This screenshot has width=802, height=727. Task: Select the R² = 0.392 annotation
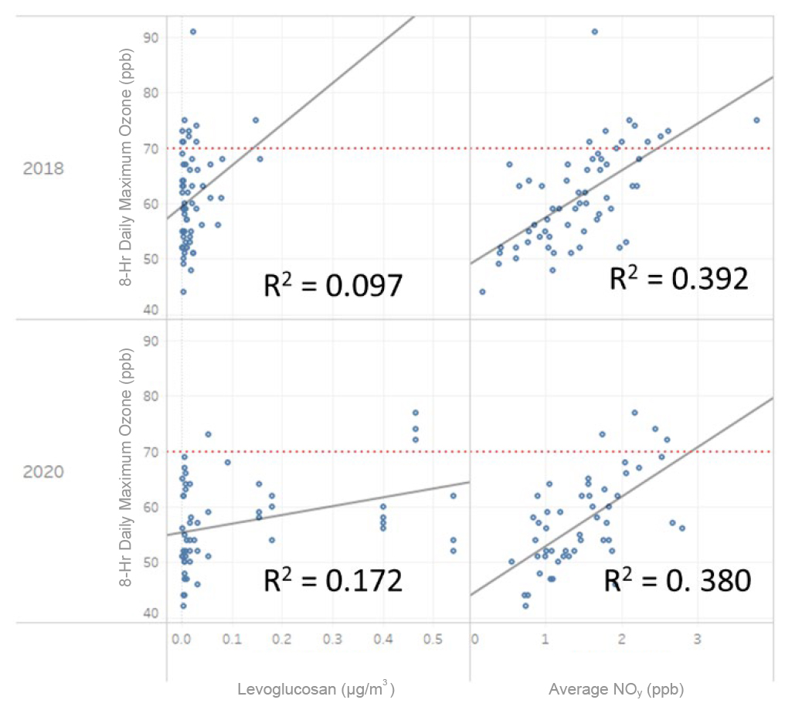point(678,278)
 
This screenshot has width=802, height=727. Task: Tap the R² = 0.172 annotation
point(332,579)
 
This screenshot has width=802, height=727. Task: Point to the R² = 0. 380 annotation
point(677,579)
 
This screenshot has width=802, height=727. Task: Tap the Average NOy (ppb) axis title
point(616,690)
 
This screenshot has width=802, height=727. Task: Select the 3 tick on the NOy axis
point(697,640)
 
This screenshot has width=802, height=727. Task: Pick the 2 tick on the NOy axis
point(621,640)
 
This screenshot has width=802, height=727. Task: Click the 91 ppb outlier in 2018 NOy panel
point(594,32)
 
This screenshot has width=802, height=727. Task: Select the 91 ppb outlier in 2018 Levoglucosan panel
point(193,32)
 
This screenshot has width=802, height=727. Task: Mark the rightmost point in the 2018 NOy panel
point(756,120)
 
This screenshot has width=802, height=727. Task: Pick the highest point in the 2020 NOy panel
point(634,413)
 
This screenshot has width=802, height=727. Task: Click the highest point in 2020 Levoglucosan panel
point(415,413)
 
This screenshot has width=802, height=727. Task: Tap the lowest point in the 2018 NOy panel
point(482,291)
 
